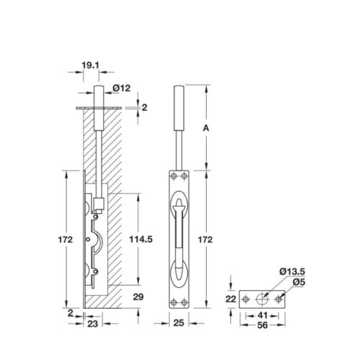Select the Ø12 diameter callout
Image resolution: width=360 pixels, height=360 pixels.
tap(121, 89)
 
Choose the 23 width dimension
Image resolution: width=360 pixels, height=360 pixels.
tap(94, 325)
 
